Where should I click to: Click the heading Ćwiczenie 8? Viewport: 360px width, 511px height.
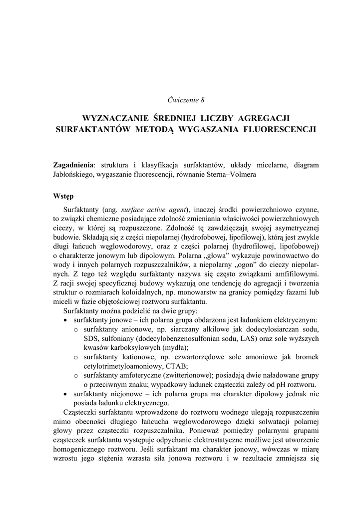(x=186, y=100)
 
